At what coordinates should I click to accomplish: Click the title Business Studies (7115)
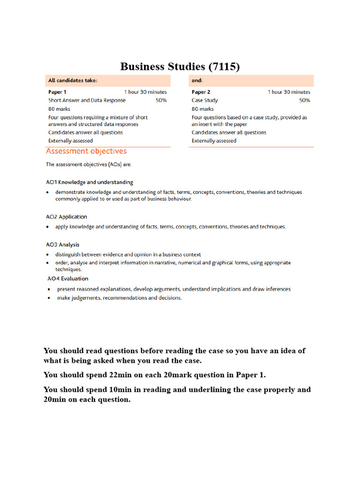pos(180,67)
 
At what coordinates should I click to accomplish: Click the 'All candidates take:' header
pos(73,81)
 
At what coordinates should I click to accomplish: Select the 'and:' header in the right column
pos(197,81)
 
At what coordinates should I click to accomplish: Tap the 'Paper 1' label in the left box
pos(57,92)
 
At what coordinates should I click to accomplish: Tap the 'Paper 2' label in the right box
pos(201,92)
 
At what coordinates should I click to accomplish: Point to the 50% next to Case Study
pos(304,100)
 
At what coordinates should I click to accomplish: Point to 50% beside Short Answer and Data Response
pos(161,100)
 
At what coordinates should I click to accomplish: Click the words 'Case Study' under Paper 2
pos(205,100)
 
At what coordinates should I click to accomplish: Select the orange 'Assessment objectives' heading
pos(86,151)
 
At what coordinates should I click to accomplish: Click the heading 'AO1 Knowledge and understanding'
pos(90,182)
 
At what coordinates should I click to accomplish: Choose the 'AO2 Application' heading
pos(67,217)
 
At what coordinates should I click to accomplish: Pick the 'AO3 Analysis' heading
pos(63,245)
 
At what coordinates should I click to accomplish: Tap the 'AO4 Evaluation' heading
pos(67,279)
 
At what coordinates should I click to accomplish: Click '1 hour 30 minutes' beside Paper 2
pos(289,92)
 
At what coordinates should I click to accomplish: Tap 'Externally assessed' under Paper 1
pos(71,141)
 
